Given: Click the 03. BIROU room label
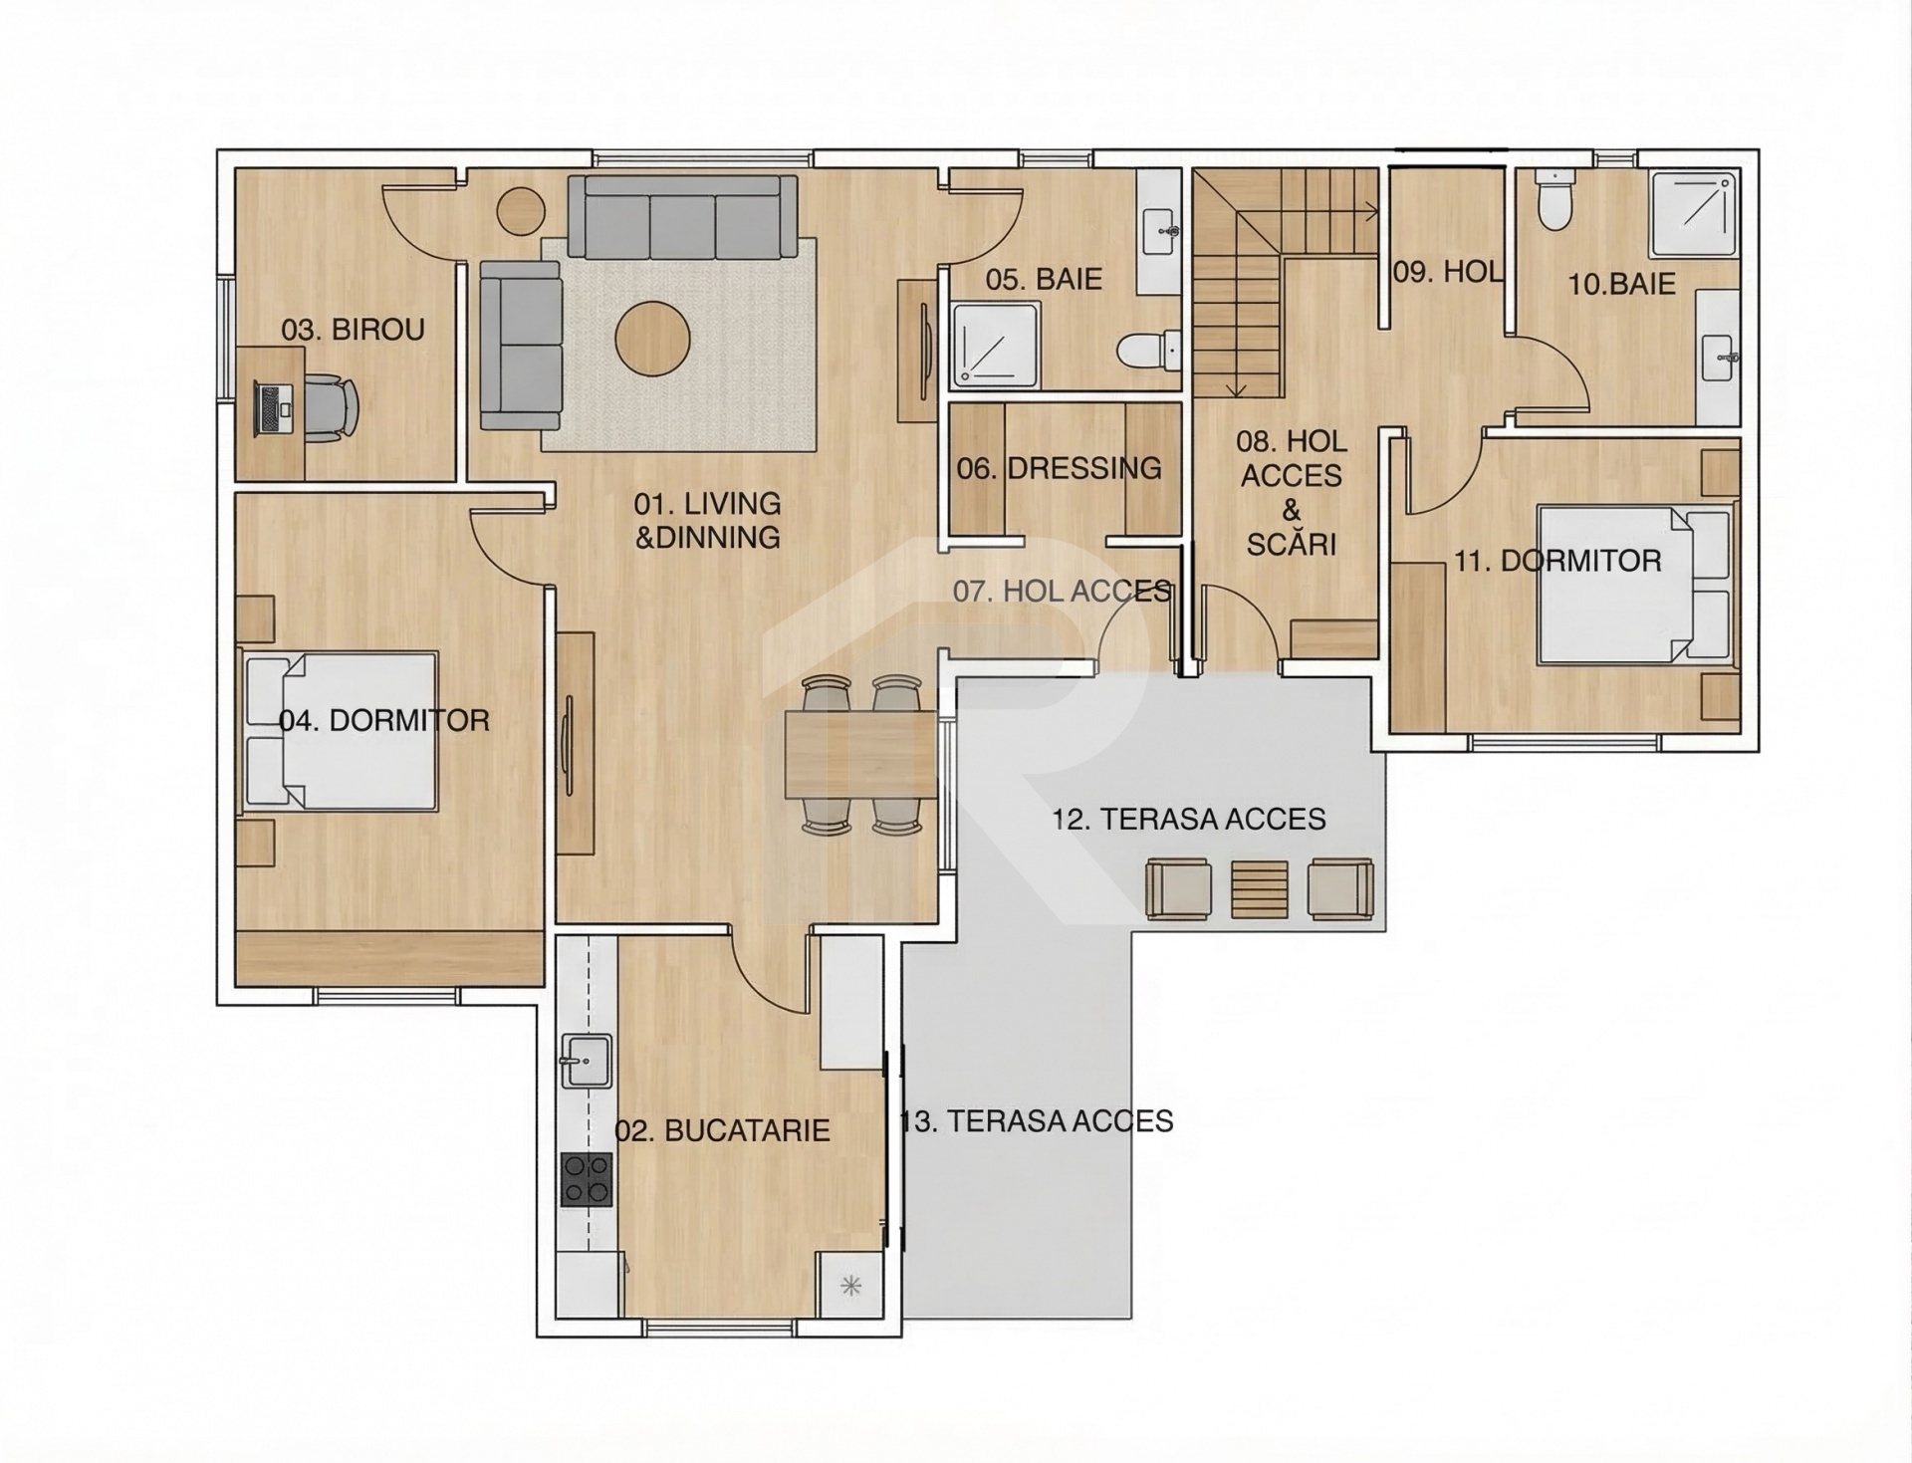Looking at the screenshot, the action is (x=353, y=330).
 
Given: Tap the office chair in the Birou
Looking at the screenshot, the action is (x=330, y=408).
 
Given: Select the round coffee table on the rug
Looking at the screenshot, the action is (x=652, y=339).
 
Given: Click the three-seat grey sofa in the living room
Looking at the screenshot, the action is (x=683, y=217).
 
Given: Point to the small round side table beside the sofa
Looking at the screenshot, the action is (x=521, y=211).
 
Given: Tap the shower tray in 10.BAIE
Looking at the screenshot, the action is (x=1694, y=213).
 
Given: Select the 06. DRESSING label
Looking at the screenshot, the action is (x=1059, y=468).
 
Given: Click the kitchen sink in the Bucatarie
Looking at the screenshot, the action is (x=587, y=1061).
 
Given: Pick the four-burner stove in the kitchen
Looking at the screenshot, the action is (x=587, y=1179).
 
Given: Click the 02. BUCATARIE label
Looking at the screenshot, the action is (x=722, y=1130).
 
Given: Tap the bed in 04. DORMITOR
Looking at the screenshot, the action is (x=340, y=731).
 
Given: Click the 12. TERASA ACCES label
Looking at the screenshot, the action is (x=1189, y=820).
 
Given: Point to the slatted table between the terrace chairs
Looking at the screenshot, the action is (x=1260, y=889).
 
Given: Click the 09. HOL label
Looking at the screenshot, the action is (x=1448, y=271).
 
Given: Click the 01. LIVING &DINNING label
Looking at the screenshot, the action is (x=708, y=520).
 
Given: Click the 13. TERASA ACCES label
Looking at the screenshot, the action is (x=1037, y=1121).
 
